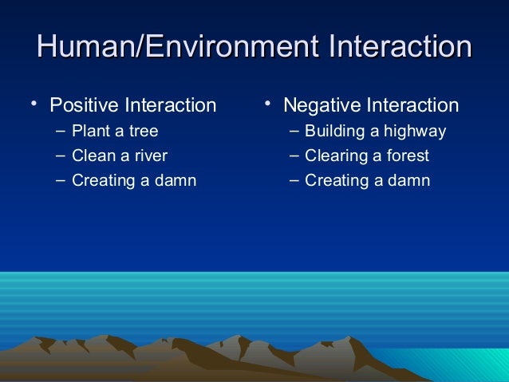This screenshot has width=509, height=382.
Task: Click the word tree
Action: click(144, 131)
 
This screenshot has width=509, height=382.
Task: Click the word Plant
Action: click(90, 131)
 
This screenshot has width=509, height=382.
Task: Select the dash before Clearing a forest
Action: click(294, 155)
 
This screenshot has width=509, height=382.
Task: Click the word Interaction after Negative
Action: click(411, 105)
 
